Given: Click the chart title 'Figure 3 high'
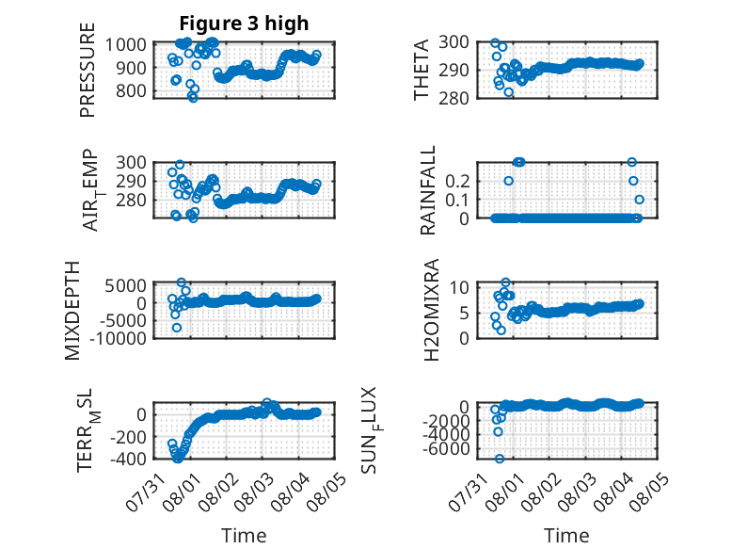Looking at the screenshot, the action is coord(244,24).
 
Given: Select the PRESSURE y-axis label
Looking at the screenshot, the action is coord(88,70).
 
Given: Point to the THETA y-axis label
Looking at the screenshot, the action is coord(422,70).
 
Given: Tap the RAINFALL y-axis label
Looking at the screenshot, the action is coord(427,190).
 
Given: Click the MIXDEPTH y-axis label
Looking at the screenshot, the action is coord(72,311).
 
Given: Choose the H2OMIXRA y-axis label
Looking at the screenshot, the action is coord(431,310).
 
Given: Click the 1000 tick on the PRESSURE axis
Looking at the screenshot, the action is coord(125,45).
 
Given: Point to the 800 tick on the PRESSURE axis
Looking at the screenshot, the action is coord(131,90).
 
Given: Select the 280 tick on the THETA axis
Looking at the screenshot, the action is coord(454,99).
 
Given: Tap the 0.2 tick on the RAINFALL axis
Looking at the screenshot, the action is coord(457,181).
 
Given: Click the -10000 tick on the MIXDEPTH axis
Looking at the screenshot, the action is coord(119,338).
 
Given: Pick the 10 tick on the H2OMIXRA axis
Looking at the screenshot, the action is coord(459,287).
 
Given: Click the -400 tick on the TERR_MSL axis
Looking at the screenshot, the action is coord(128,459).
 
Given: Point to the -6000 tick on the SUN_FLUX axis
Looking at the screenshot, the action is coord(446,448).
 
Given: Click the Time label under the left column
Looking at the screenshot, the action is coord(244,536).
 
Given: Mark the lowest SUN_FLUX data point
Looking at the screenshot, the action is coord(500,459).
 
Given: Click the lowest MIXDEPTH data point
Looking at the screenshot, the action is coord(177,328).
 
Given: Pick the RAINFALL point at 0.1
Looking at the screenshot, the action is coord(639,200).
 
